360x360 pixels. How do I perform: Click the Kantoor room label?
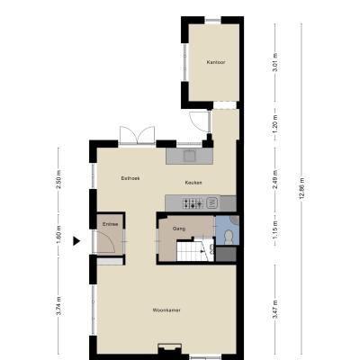tap(216, 62)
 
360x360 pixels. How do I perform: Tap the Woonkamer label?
tap(166, 310)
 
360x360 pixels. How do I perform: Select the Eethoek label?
tap(130, 178)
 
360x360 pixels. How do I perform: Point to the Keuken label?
tap(193, 183)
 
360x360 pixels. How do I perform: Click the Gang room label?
tap(179, 229)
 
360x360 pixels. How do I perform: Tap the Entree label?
tap(110, 224)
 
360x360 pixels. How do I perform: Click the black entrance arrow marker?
tap(76, 240)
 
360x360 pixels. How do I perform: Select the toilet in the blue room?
tap(229, 237)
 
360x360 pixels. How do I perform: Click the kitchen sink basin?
tap(190, 156)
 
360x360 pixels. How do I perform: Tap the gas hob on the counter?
tap(193, 203)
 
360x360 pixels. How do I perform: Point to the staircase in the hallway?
tap(195, 250)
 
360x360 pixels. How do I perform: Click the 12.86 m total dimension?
tap(301, 188)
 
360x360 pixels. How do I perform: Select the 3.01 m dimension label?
tap(275, 62)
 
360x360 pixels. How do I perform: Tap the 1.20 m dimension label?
tap(275, 124)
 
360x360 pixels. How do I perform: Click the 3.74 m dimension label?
tap(58, 306)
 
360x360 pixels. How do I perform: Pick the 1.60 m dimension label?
tap(58, 235)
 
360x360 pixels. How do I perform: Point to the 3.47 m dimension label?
tap(275, 310)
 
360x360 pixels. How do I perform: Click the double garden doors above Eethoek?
tap(138, 136)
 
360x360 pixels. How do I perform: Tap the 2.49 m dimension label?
tap(275, 179)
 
